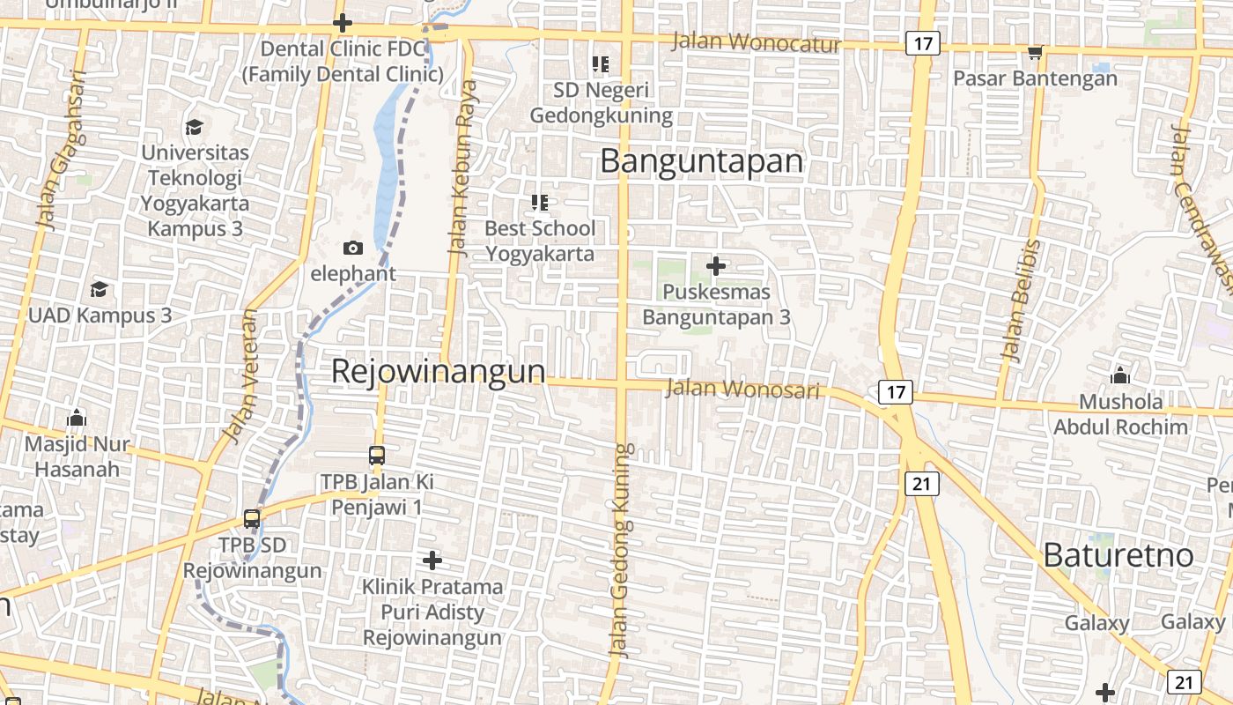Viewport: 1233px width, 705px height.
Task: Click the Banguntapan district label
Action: pos(702,161)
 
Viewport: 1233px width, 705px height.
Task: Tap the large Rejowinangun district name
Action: pos(438,371)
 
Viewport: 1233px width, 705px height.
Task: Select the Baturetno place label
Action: pos(1119,555)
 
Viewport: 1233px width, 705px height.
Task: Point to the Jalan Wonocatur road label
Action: pos(757,42)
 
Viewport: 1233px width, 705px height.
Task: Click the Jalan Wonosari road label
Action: pos(743,388)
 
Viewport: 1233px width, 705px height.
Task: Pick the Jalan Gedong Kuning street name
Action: pos(622,551)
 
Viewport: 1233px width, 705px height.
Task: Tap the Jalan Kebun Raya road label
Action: pos(462,167)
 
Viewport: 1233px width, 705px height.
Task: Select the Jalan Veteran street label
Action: pos(241,376)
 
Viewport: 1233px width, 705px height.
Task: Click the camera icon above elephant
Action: pos(353,248)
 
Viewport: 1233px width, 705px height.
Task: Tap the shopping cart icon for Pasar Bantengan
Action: pos(1035,53)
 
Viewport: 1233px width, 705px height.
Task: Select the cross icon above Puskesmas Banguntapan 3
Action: pos(717,265)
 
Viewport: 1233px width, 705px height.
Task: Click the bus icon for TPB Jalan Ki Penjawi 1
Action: pos(377,456)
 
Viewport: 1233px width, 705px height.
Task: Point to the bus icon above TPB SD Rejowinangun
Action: pos(252,518)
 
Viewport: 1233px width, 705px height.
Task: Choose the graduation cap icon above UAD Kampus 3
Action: pos(100,289)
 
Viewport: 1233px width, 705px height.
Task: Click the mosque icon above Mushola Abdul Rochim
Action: pos(1120,376)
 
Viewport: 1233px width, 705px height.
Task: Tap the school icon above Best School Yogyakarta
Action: pos(540,203)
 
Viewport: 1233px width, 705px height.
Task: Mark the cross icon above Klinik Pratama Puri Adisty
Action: pos(432,560)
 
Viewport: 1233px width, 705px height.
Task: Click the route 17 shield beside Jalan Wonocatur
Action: pos(922,43)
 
